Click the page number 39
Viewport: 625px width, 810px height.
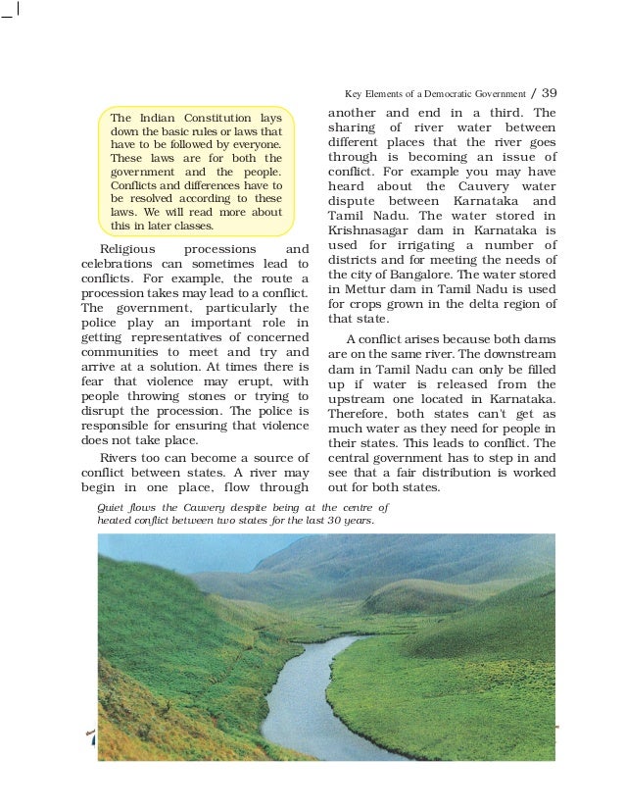tap(549, 93)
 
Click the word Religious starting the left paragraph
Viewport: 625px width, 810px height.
tap(130, 249)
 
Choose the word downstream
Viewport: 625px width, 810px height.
tap(519, 353)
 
